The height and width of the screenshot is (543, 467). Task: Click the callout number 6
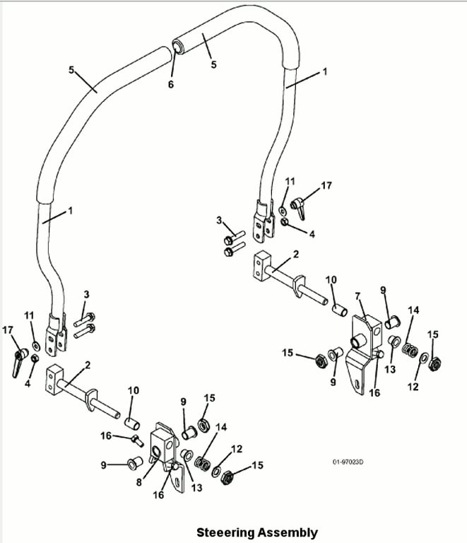pyautogui.click(x=171, y=85)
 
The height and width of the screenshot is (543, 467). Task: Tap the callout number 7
pyautogui.click(x=357, y=296)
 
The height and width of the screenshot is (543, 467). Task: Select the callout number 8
pyautogui.click(x=139, y=482)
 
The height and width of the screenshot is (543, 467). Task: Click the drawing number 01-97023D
pyautogui.click(x=348, y=462)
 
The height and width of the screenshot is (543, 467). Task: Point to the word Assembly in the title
pyautogui.click(x=288, y=533)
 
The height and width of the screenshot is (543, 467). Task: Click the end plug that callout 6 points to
pyautogui.click(x=179, y=46)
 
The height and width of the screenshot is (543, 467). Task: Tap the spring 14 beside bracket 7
pyautogui.click(x=410, y=350)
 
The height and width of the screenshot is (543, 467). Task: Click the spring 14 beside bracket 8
pyautogui.click(x=202, y=463)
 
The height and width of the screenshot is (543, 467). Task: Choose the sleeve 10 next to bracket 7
pyautogui.click(x=340, y=310)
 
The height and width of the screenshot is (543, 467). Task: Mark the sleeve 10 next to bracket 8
pyautogui.click(x=132, y=424)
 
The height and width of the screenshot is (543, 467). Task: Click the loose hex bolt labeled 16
pyautogui.click(x=137, y=440)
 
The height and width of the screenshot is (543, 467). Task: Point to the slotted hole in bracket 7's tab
pyautogui.click(x=357, y=384)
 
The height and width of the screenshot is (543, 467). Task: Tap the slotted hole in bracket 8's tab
pyautogui.click(x=178, y=481)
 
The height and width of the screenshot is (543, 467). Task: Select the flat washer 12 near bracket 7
pyautogui.click(x=423, y=357)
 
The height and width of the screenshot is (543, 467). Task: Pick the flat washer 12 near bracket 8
pyautogui.click(x=217, y=471)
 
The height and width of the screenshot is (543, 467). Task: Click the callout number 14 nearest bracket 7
pyautogui.click(x=413, y=310)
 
